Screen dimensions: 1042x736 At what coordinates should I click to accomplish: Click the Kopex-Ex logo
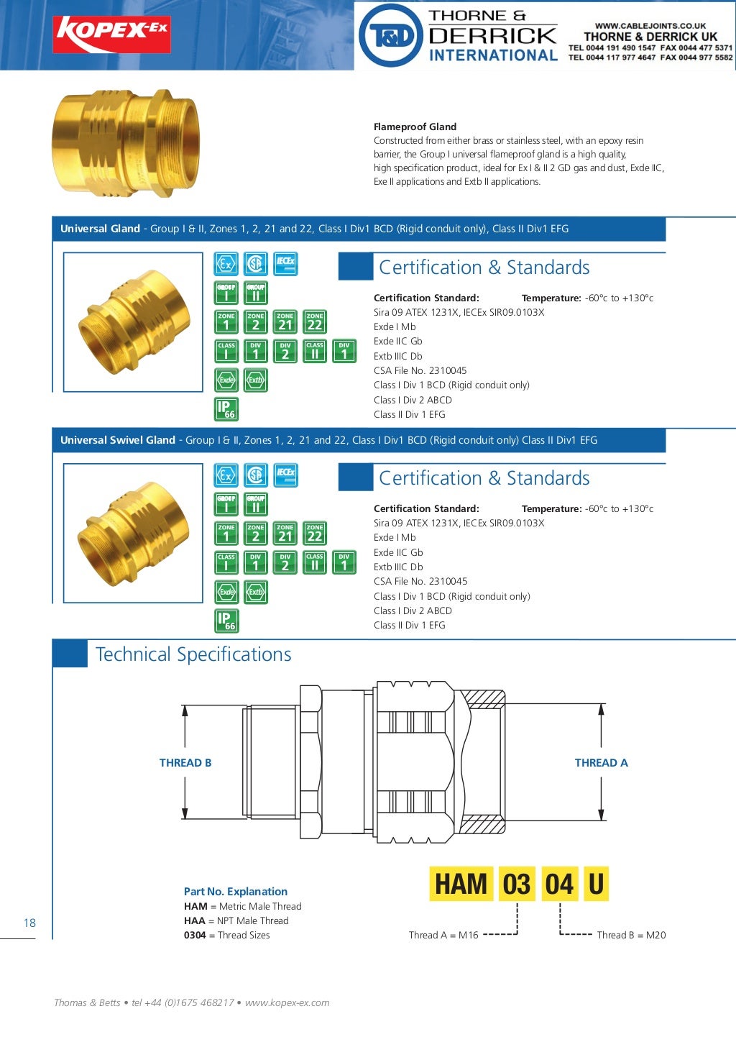pyautogui.click(x=111, y=34)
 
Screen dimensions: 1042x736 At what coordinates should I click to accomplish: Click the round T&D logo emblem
pyautogui.click(x=390, y=35)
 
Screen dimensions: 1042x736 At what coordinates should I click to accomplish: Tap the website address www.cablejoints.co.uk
pyautogui.click(x=650, y=25)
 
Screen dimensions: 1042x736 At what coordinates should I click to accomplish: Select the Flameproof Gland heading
pyautogui.click(x=415, y=127)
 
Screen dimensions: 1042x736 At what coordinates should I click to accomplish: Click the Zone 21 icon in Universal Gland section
pyautogui.click(x=285, y=321)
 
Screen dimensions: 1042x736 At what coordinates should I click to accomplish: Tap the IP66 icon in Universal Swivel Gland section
pyautogui.click(x=226, y=621)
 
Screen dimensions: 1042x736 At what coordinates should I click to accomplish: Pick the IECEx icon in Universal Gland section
pyautogui.click(x=285, y=264)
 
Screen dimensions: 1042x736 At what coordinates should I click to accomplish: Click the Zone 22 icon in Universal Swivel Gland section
pyautogui.click(x=315, y=533)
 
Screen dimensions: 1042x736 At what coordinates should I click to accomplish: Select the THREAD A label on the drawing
pyautogui.click(x=601, y=763)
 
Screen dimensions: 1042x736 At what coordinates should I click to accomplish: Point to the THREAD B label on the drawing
pyautogui.click(x=185, y=763)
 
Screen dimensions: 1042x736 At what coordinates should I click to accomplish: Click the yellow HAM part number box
pyautogui.click(x=461, y=884)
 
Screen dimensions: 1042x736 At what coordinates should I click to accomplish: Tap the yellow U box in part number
pyautogui.click(x=596, y=884)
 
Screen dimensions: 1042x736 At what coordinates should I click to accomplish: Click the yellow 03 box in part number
pyautogui.click(x=516, y=884)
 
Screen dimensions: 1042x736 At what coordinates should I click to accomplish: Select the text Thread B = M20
pyautogui.click(x=631, y=935)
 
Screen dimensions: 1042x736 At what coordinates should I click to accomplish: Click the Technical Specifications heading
pyautogui.click(x=193, y=654)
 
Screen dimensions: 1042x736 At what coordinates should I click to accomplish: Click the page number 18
pyautogui.click(x=29, y=923)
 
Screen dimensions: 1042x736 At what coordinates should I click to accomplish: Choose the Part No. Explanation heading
pyautogui.click(x=235, y=891)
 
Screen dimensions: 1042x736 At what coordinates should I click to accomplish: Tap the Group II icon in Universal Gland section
pyautogui.click(x=256, y=292)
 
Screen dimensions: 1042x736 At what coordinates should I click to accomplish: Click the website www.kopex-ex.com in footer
pyautogui.click(x=287, y=1002)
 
